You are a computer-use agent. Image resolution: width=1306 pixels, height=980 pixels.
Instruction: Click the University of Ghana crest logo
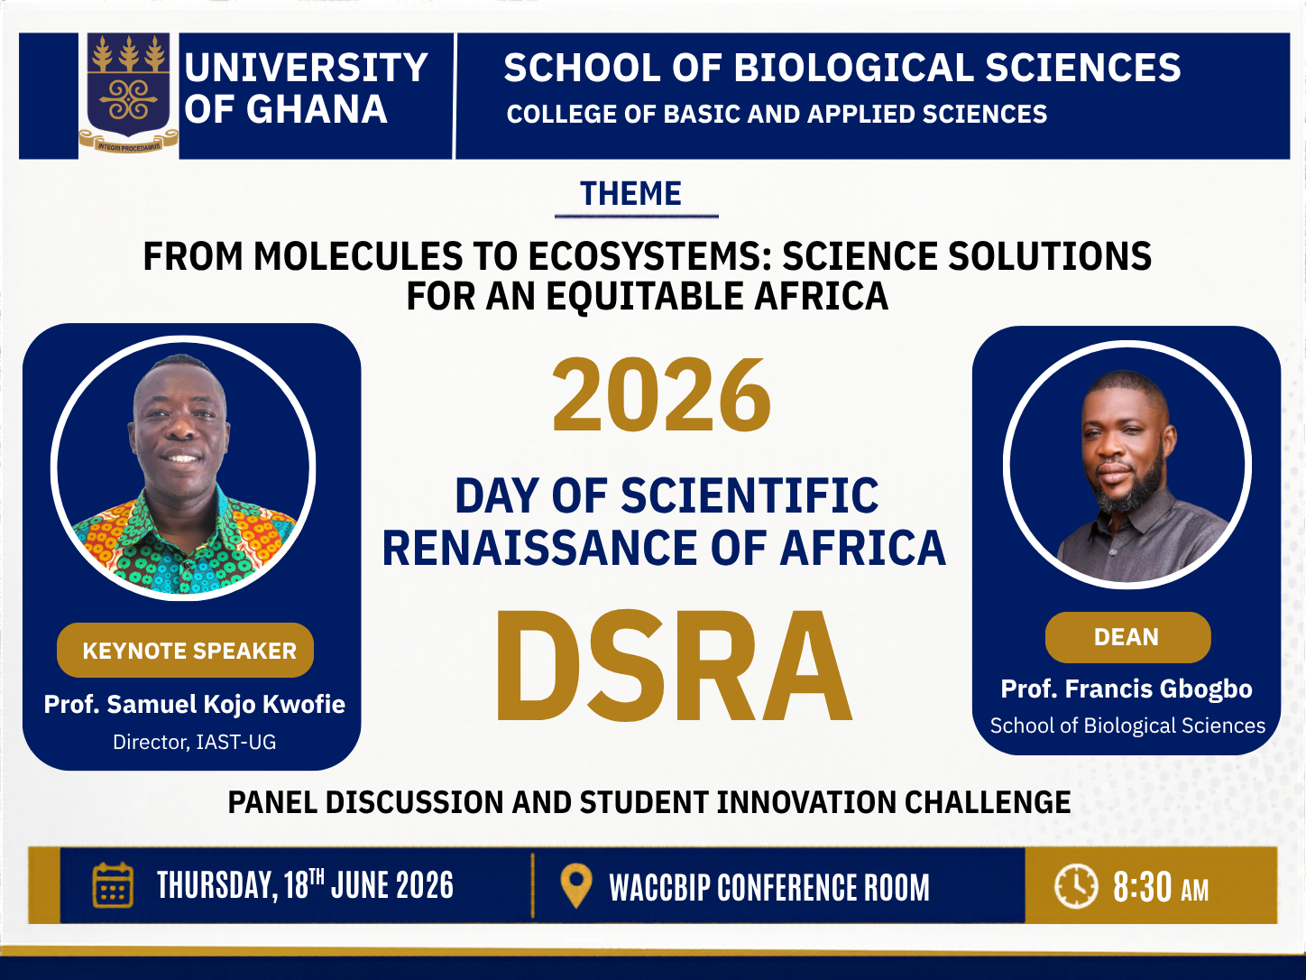coord(128,93)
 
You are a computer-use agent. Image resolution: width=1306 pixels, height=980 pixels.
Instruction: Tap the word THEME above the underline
coord(630,194)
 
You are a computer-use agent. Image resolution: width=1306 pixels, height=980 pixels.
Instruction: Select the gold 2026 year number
coord(662,394)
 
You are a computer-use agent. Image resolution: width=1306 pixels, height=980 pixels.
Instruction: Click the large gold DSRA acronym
coord(674,665)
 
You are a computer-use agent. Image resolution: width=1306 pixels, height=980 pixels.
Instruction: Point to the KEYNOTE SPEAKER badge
coord(185,651)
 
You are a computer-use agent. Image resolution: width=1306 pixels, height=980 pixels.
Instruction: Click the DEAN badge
coord(1127,637)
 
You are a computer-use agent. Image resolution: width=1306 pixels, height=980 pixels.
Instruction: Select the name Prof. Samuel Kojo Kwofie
coord(195,705)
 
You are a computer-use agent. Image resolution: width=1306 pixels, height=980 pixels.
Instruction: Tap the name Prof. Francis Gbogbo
coord(1127,689)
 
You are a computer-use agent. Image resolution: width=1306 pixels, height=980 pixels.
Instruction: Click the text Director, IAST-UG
coord(195,742)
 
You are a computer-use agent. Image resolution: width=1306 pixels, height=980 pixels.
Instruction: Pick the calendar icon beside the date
coord(113,884)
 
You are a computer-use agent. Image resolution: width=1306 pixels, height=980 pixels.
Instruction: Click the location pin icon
coord(576,886)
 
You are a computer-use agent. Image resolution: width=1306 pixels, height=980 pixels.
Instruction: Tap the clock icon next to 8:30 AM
coord(1076,886)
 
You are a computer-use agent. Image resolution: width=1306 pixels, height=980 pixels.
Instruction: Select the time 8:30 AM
coord(1161,887)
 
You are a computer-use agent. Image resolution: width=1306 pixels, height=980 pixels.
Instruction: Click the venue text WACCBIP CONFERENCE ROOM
coord(769,888)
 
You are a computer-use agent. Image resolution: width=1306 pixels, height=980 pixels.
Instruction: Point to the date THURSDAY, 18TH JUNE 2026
coord(305,884)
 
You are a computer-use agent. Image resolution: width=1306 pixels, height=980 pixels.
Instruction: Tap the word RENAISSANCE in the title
coord(540,548)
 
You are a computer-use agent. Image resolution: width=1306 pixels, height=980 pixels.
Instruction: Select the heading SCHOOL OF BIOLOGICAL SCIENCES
coord(842,68)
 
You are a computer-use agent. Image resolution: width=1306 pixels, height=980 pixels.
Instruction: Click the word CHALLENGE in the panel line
coord(988,802)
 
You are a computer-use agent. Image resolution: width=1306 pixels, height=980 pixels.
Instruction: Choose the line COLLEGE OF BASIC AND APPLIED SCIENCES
coord(777,115)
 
